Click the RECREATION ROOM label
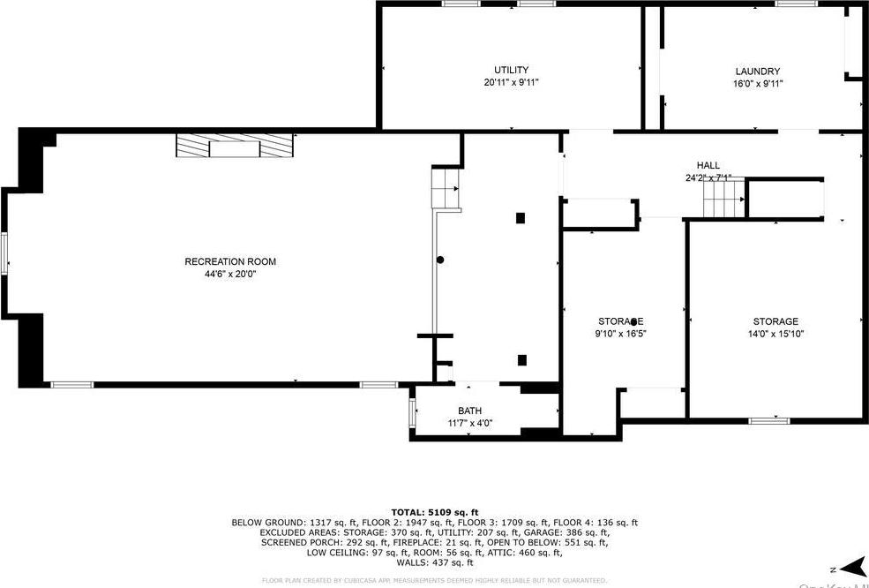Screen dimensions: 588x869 [x=229, y=261]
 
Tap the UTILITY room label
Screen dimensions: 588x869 [x=511, y=70]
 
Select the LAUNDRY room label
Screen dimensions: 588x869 [x=758, y=72]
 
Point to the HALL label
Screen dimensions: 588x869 [x=708, y=165]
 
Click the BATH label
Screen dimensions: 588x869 [x=469, y=411]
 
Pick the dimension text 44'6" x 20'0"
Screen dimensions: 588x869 [x=229, y=274]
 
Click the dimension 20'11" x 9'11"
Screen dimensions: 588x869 [x=511, y=82]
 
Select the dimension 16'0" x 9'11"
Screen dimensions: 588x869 [x=758, y=84]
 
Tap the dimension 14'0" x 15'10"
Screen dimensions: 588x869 [x=775, y=334]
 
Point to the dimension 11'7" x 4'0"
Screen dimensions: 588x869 [x=469, y=423]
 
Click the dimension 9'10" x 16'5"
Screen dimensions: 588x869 [x=621, y=334]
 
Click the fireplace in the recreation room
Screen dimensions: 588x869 [x=234, y=146]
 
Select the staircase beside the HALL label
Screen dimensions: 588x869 [x=723, y=201]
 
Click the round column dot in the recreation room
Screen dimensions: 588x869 [x=440, y=260]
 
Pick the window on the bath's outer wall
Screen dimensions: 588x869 [x=412, y=412]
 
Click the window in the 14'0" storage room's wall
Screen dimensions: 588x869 [x=768, y=420]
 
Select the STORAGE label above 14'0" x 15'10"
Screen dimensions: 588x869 [x=775, y=321]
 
